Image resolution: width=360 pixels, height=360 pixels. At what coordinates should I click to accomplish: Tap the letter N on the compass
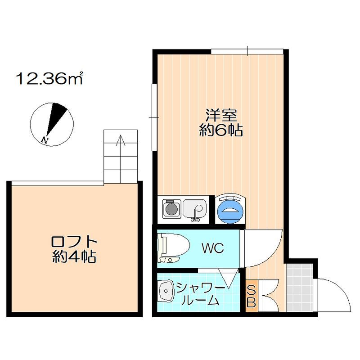click(44, 140)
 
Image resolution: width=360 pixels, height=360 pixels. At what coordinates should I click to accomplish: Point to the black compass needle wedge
click(58, 116)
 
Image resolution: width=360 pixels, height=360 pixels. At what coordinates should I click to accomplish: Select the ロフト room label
click(75, 242)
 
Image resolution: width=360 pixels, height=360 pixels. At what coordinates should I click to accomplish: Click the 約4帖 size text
click(75, 257)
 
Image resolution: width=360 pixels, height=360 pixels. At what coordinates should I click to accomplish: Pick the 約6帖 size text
click(221, 131)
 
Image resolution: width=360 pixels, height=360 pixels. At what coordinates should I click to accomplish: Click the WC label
click(212, 248)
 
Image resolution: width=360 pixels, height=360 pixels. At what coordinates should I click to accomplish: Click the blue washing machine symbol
click(230, 210)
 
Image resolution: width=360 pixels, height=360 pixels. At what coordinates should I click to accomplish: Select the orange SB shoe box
click(251, 295)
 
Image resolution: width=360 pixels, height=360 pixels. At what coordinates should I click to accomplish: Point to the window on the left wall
click(153, 117)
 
